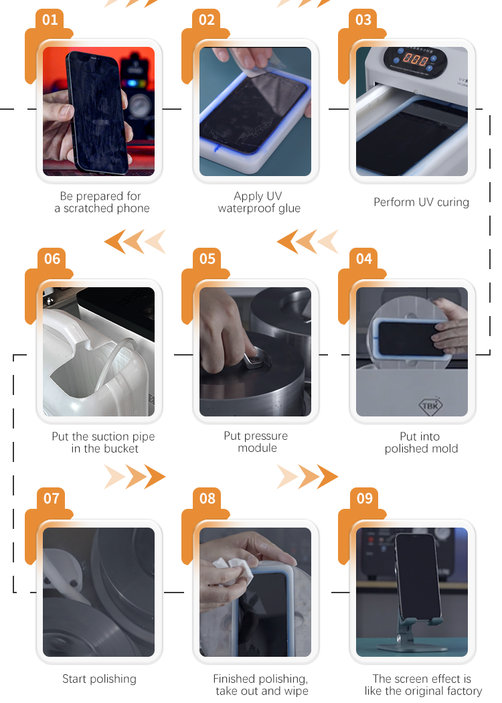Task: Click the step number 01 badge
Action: coord(50,19)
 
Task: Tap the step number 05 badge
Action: coord(207,258)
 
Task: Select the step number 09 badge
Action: coord(364,498)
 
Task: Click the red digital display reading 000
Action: coord(414,58)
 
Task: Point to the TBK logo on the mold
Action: coord(430,406)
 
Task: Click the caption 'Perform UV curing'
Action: coord(421,202)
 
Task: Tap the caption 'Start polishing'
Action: coord(99,679)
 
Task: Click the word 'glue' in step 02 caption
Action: coord(290,208)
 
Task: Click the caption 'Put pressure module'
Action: coord(256,442)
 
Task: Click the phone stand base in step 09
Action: coord(406,646)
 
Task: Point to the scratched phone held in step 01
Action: coord(97,112)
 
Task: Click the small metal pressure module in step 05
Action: coord(256,362)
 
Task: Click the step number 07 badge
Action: coord(51,498)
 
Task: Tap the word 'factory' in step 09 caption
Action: coord(463,691)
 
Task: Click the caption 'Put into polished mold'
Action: coord(421,443)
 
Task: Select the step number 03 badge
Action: coord(363,19)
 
